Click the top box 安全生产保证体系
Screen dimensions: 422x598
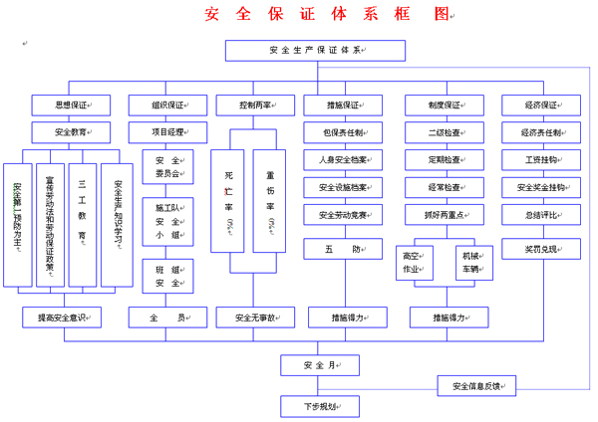[315, 51]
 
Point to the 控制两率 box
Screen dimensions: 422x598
[255, 104]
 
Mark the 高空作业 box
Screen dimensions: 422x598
[412, 261]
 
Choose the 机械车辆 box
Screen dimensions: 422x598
[470, 261]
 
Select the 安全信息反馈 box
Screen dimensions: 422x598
[482, 385]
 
